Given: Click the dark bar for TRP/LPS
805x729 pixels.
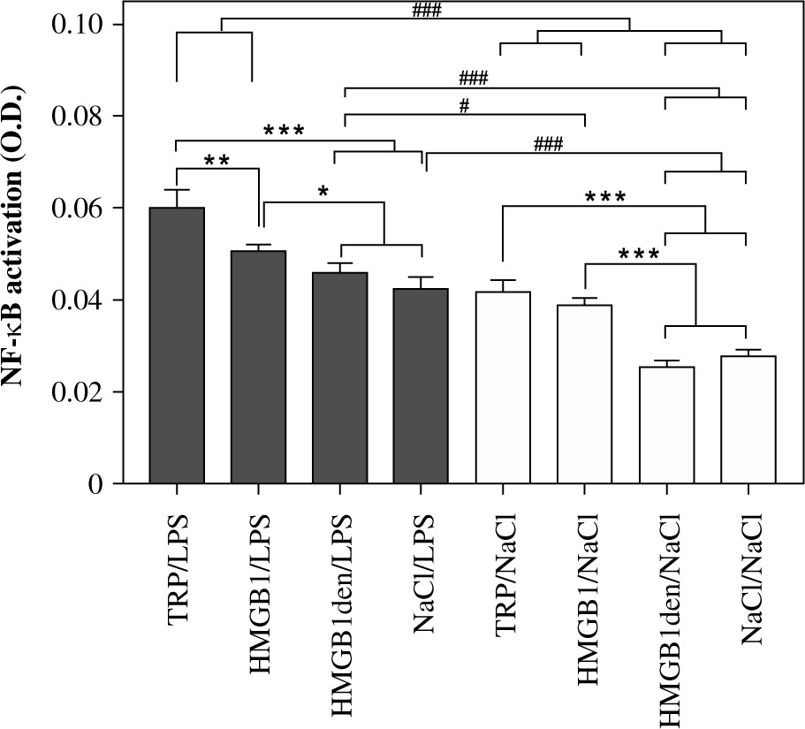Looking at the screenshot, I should pos(177,345).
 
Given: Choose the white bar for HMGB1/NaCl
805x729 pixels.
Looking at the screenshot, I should pos(584,393).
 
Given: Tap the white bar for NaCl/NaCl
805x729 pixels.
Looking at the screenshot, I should pos(747,419).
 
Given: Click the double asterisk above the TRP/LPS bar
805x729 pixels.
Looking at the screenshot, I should pos(217,160).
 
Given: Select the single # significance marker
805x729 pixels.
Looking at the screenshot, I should pos(464,104).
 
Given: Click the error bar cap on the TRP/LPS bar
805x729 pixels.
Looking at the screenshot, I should pos(177,190).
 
